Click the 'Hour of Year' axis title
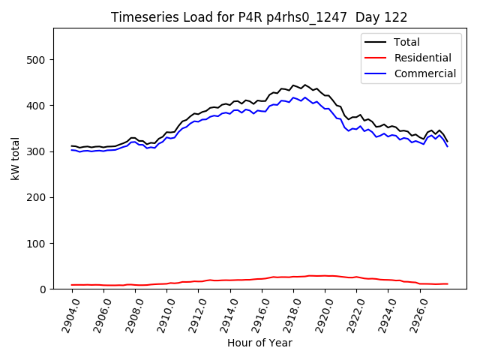(x=259, y=343)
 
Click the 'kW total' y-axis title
(x=16, y=158)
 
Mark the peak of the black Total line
(x=304, y=85)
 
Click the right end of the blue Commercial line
(x=448, y=146)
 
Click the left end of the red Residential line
(x=72, y=285)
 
